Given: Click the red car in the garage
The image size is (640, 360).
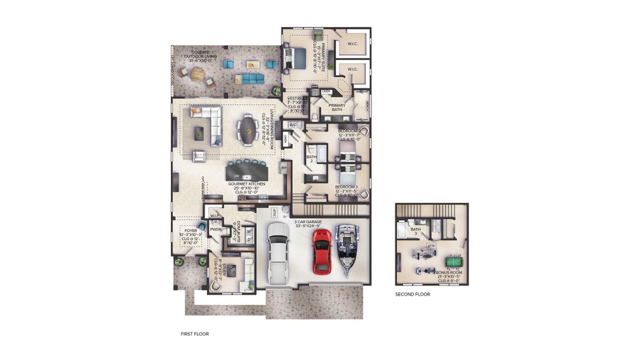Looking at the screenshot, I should [x=322, y=250].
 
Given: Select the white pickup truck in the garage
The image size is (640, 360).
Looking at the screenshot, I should [x=278, y=253].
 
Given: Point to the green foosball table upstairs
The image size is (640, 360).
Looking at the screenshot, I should [x=452, y=262].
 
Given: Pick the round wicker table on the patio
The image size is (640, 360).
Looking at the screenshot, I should [x=197, y=75].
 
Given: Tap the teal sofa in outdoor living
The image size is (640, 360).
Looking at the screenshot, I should [x=249, y=79].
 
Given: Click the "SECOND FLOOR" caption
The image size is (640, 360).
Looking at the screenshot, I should [x=412, y=295].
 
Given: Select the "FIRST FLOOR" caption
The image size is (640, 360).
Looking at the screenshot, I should [x=195, y=334].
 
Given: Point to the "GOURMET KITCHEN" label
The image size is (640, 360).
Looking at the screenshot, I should [x=249, y=183].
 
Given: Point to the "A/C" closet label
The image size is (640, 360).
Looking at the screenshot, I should [x=293, y=125].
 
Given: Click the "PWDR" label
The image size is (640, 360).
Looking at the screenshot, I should [x=215, y=229].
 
